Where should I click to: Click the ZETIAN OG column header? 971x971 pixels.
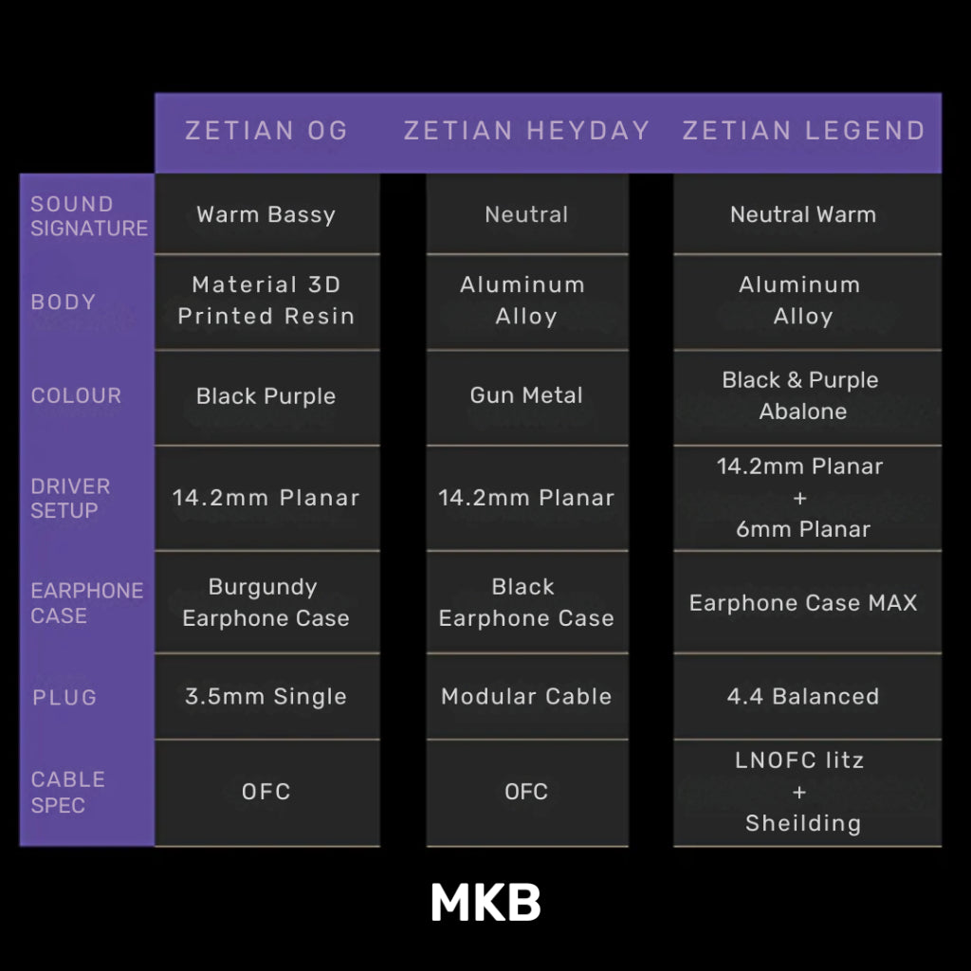266,131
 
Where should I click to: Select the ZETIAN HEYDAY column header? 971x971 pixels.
526,131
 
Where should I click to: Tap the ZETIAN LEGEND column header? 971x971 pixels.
803,131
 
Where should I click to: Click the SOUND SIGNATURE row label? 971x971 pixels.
89,216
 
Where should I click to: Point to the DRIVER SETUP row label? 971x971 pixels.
70,499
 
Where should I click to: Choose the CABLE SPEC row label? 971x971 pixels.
67,792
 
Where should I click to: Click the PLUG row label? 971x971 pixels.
64,697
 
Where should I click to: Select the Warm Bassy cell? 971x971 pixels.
266,215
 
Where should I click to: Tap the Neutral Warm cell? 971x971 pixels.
803,215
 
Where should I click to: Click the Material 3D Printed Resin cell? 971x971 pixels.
266,301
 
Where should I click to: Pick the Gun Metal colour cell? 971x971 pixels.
526,395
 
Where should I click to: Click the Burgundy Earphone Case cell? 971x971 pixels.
266,602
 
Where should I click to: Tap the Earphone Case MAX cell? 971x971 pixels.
803,602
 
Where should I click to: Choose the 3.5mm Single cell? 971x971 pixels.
266,697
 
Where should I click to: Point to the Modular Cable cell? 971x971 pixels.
526,697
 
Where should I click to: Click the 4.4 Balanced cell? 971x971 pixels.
803,697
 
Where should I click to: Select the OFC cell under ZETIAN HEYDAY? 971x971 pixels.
526,792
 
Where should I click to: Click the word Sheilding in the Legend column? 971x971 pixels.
803,824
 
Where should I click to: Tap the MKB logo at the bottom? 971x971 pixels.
486,902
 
